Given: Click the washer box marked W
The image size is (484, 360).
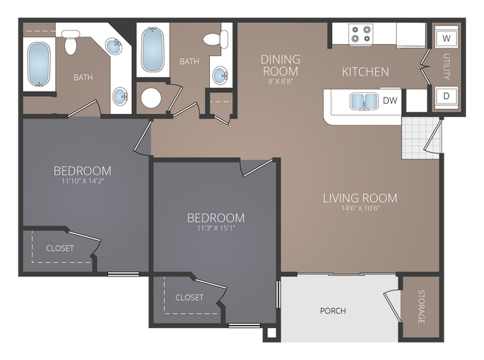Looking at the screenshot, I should pyautogui.click(x=446, y=37).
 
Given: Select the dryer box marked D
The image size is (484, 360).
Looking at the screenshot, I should pyautogui.click(x=446, y=96).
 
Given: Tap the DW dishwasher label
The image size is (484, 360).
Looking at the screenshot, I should pyautogui.click(x=389, y=100).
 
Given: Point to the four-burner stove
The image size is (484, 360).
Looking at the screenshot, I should pyautogui.click(x=361, y=34).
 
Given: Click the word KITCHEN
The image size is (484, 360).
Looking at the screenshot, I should pyautogui.click(x=365, y=72).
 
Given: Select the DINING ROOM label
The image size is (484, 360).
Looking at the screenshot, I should pyautogui.click(x=280, y=65).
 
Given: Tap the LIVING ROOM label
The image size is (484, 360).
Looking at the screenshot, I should pyautogui.click(x=360, y=198).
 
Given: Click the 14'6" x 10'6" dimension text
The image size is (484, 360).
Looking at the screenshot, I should pyautogui.click(x=360, y=209).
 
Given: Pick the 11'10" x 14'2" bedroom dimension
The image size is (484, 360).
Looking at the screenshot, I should pyautogui.click(x=82, y=180).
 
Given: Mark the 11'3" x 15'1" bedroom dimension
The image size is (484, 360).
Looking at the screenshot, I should pyautogui.click(x=215, y=228).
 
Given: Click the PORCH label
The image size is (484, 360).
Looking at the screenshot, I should pyautogui.click(x=332, y=311).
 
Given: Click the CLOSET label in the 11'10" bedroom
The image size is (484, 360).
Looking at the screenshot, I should pyautogui.click(x=60, y=248).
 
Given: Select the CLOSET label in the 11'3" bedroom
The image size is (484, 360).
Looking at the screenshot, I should pyautogui.click(x=189, y=297).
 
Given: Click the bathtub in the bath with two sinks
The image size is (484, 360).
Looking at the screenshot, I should pyautogui.click(x=39, y=65).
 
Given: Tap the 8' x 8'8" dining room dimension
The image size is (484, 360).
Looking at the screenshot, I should pyautogui.click(x=280, y=81).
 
